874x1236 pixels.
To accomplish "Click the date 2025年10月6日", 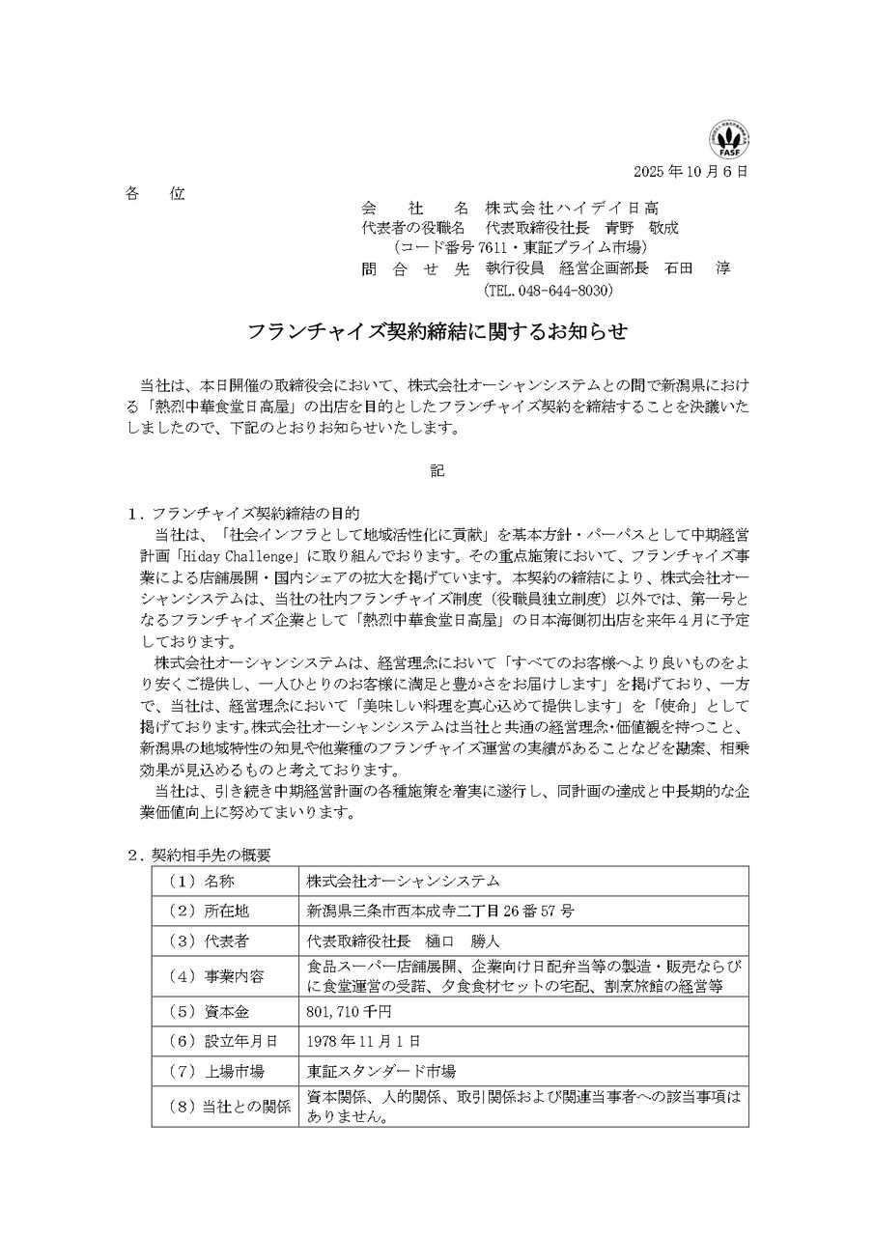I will click(691, 172).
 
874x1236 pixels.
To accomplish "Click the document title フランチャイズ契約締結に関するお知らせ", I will click(437, 332).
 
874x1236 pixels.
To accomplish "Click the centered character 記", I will click(437, 472).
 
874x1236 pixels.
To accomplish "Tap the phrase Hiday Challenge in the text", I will click(232, 558).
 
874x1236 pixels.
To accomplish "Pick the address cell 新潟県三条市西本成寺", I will click(439, 911).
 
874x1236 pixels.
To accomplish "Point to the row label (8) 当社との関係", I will click(228, 1108).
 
